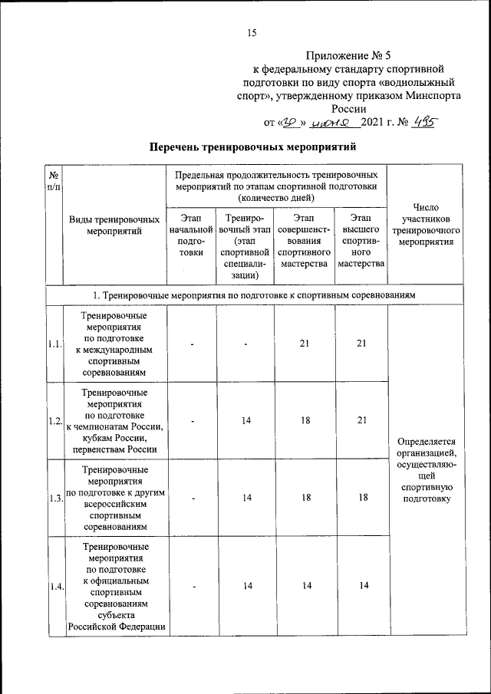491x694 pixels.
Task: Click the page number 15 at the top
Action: click(251, 31)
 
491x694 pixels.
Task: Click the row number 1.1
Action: click(54, 344)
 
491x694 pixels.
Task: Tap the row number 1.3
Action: click(54, 498)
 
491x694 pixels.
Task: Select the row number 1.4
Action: click(54, 587)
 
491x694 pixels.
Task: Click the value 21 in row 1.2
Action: click(361, 420)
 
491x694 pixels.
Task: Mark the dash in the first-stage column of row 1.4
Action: click(195, 587)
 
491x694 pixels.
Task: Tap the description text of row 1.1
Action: click(114, 344)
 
